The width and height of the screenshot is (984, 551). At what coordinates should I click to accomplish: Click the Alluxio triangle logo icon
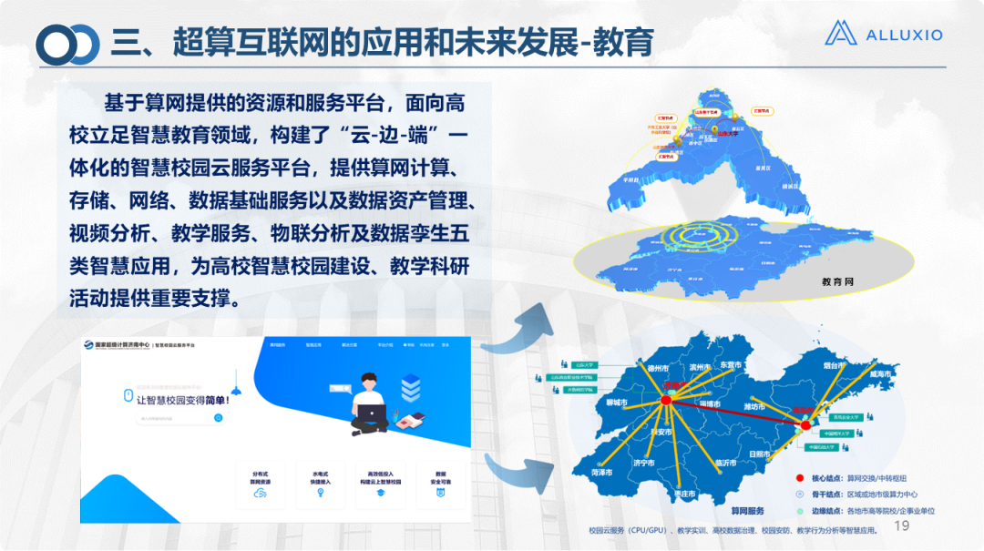tap(841, 34)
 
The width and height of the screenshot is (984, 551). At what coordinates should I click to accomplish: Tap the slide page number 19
tap(903, 526)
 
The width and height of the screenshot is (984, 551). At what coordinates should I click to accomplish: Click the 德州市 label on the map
tap(658, 369)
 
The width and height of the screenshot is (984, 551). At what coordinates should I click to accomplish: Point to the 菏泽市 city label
tap(602, 473)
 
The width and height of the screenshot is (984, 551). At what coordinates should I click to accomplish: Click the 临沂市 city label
tap(726, 463)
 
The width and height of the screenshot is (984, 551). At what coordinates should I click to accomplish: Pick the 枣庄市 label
tap(683, 493)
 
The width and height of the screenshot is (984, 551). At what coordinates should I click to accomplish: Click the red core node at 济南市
tap(666, 400)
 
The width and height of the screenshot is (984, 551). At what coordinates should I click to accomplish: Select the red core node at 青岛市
tap(805, 424)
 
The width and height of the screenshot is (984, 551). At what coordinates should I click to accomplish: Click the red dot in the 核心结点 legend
tap(799, 478)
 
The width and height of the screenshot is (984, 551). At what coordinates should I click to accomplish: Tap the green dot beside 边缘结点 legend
tap(799, 511)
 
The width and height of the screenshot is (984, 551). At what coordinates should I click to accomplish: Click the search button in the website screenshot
tap(219, 418)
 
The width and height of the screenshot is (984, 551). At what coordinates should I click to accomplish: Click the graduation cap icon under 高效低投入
tap(381, 492)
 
